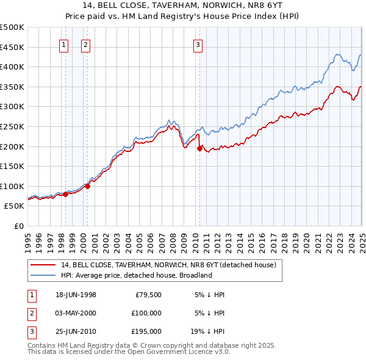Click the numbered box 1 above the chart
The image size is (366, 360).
click(x=64, y=44)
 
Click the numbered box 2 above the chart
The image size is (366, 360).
click(x=85, y=44)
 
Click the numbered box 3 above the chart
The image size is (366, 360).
click(x=198, y=44)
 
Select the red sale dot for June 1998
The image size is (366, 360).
click(x=66, y=194)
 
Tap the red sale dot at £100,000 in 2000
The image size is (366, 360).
click(x=87, y=186)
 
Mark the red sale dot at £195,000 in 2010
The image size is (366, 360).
click(x=199, y=148)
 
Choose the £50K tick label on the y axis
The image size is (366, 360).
click(x=14, y=206)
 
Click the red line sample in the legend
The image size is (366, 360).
click(x=43, y=265)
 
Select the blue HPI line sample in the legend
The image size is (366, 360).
click(x=43, y=275)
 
